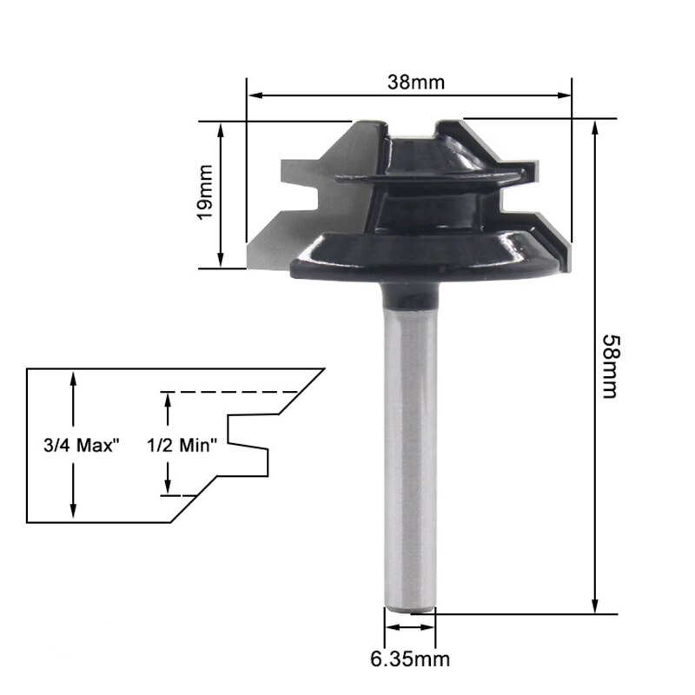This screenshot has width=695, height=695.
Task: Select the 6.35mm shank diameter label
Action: [411, 659]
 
